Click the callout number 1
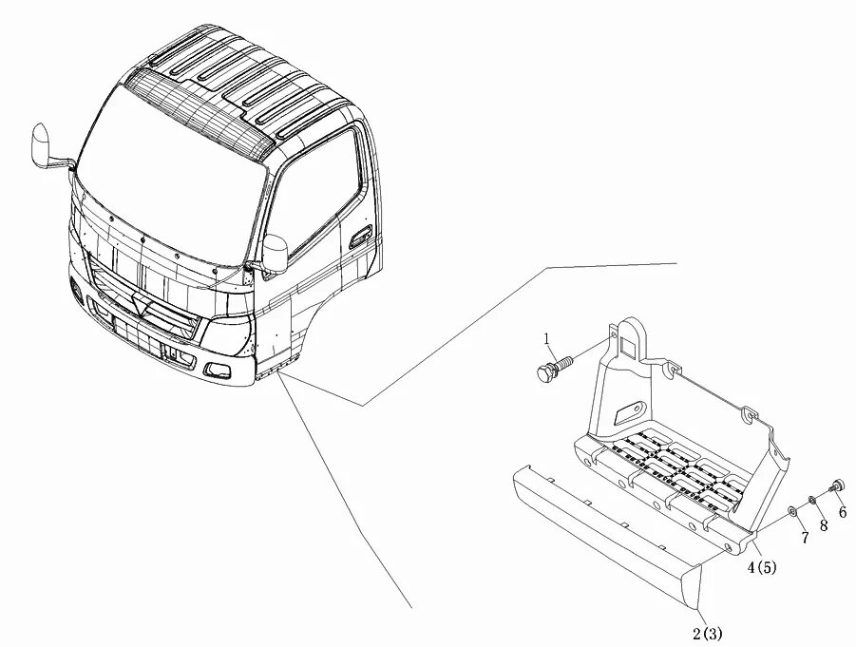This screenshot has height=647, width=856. [x=546, y=338]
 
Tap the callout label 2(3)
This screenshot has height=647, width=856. [x=713, y=633]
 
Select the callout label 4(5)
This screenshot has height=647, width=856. [x=762, y=568]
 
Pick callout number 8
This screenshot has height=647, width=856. [x=824, y=524]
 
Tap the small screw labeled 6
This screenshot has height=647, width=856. [x=837, y=485]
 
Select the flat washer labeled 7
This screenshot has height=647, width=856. [x=791, y=513]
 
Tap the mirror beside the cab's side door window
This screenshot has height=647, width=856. [x=276, y=253]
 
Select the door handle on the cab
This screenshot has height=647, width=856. [x=358, y=237]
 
